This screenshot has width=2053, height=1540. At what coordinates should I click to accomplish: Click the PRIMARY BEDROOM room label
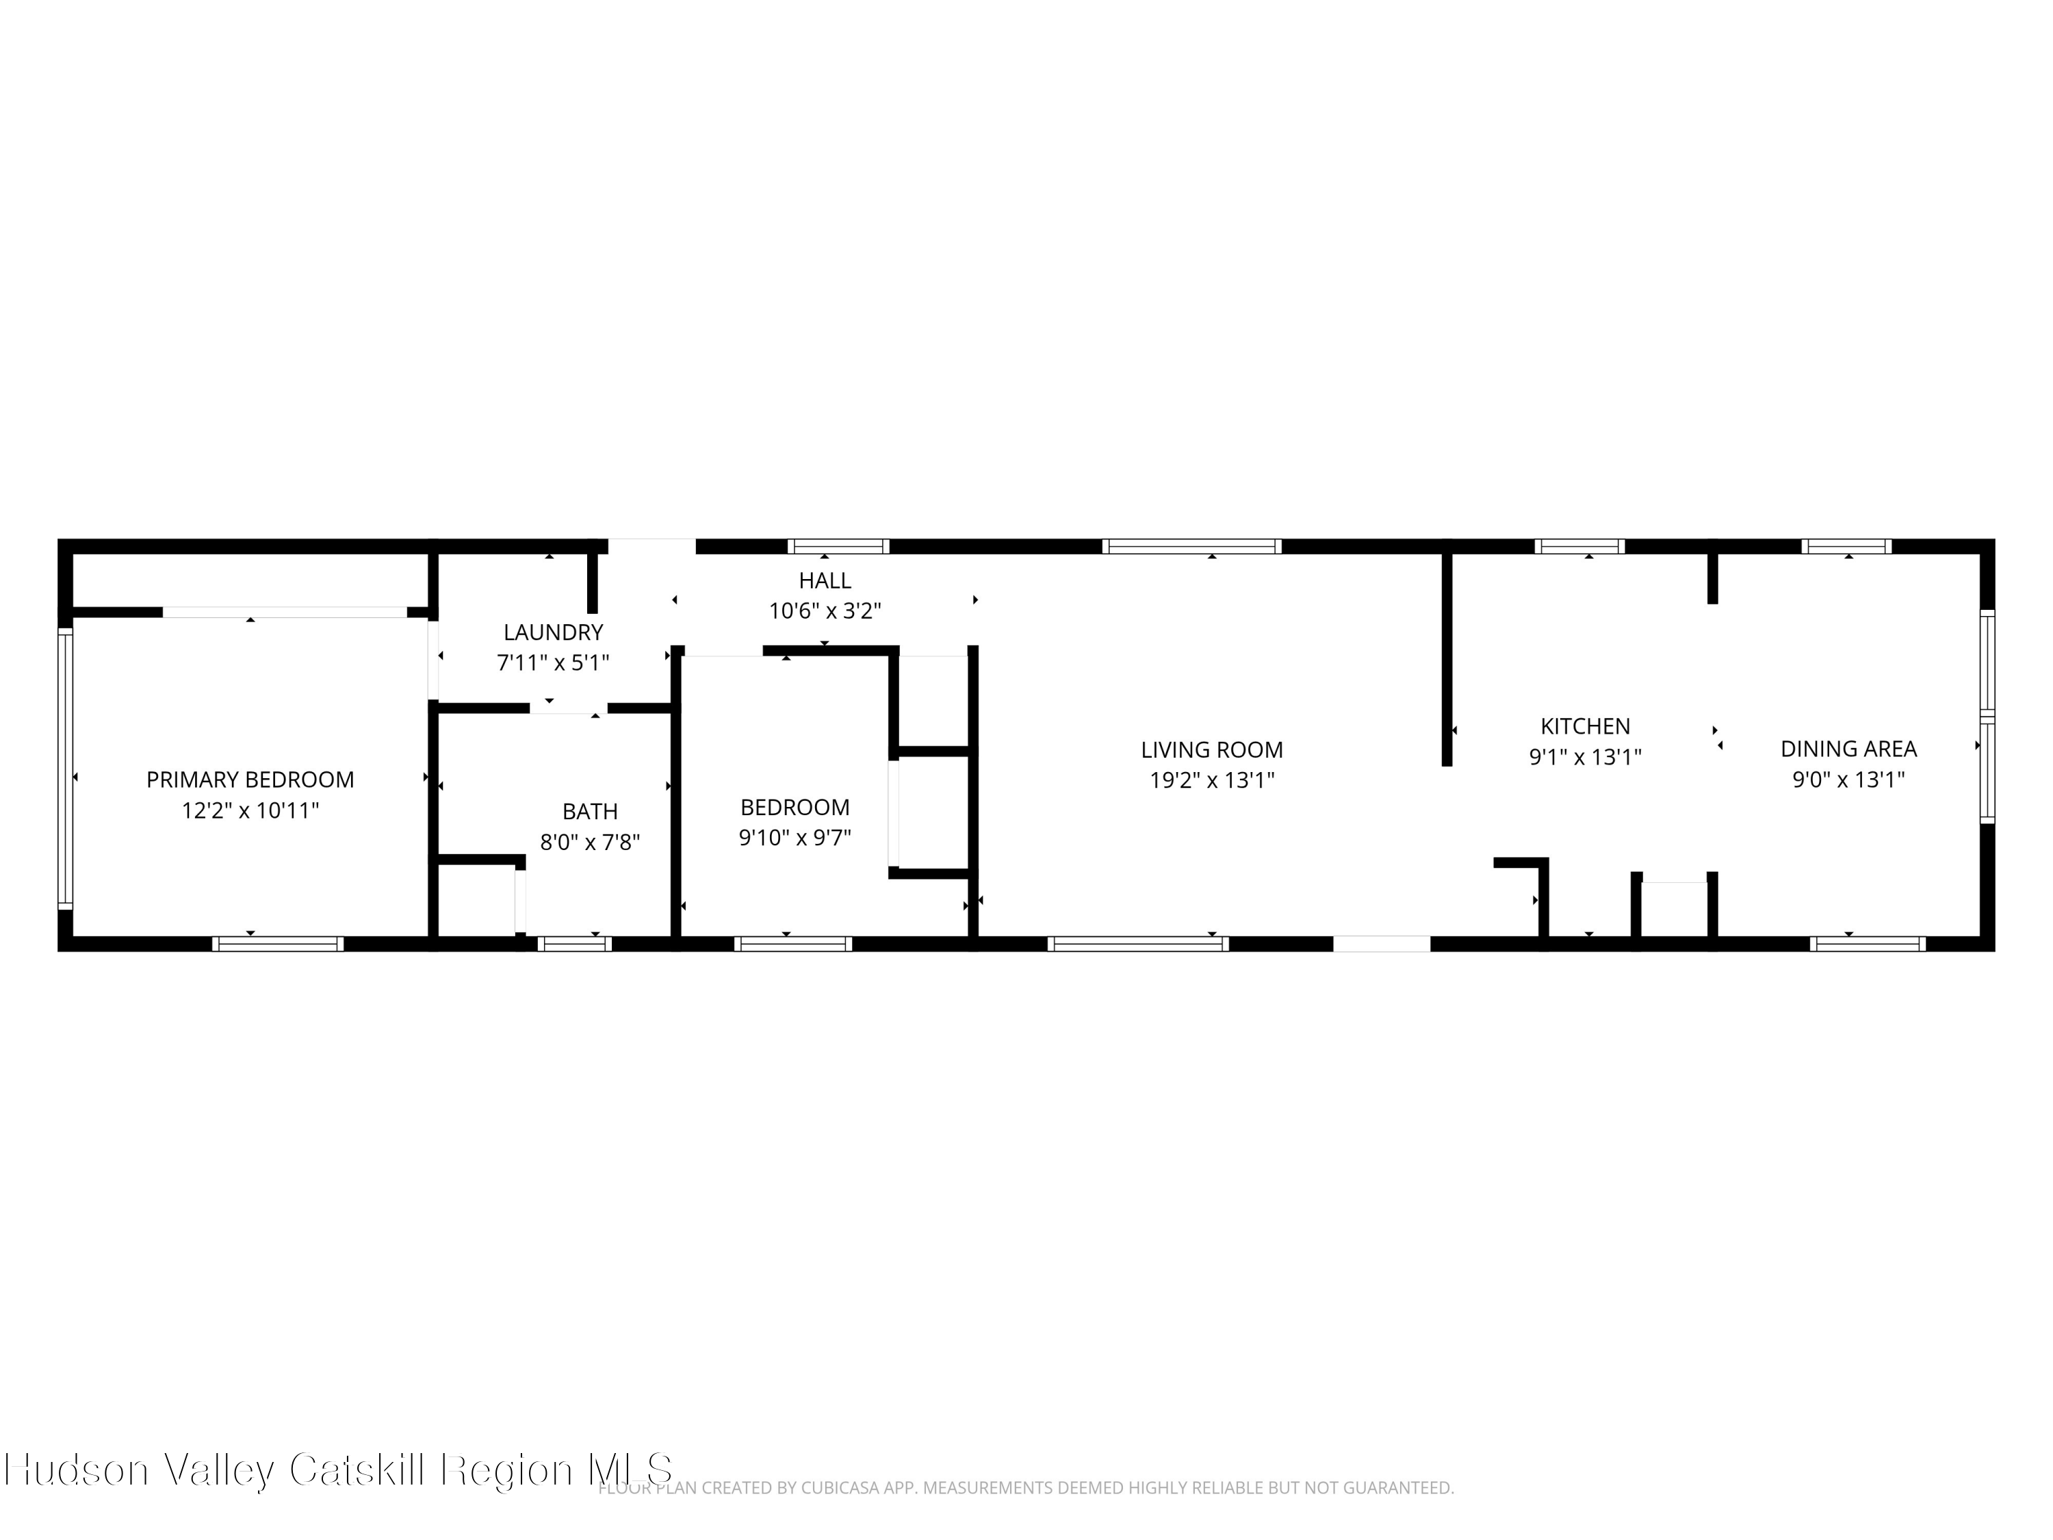click(250, 780)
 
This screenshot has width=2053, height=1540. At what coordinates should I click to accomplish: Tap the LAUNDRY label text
click(553, 632)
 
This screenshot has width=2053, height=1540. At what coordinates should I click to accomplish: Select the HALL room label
click(824, 580)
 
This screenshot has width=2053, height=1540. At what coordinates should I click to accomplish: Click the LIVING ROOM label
click(1211, 749)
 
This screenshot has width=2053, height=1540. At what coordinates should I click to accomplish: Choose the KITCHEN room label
click(1584, 726)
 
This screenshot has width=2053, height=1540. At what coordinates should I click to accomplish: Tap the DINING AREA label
click(1848, 748)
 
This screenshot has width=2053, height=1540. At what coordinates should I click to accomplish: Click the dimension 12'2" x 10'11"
click(250, 810)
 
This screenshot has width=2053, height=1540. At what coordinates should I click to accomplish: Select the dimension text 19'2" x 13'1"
click(1211, 780)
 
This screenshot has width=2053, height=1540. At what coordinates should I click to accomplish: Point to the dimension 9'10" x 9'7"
click(795, 837)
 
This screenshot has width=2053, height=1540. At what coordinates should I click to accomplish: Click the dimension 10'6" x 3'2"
click(824, 611)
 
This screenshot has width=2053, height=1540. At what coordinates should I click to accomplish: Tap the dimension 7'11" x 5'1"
click(553, 663)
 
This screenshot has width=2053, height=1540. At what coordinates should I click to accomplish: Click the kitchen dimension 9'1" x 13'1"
click(1584, 756)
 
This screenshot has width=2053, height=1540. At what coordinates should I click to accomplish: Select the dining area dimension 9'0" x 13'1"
click(1848, 779)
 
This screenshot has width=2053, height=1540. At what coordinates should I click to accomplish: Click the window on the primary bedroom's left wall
click(65, 769)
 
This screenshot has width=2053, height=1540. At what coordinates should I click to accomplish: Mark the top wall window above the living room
click(1191, 546)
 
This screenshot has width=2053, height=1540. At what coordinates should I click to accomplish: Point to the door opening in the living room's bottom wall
click(1381, 944)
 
